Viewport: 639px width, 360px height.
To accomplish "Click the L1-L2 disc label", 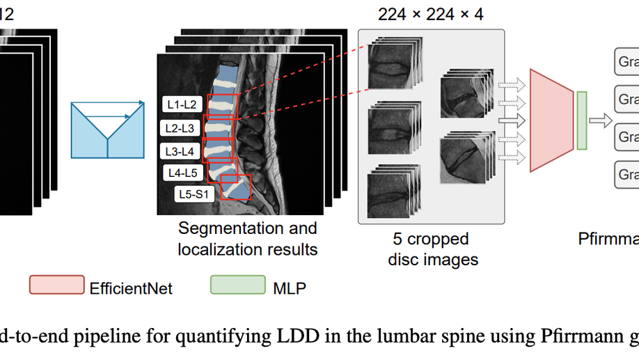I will (182, 105).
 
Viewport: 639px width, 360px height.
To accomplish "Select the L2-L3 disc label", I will (180, 128).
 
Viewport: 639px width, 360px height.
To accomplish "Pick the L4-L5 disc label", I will (182, 172).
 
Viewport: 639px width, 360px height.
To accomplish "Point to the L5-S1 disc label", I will (196, 194).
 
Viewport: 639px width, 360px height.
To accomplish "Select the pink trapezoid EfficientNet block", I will (551, 120).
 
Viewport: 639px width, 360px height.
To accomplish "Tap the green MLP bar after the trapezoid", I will (582, 120).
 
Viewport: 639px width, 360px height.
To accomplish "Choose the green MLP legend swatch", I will (237, 285).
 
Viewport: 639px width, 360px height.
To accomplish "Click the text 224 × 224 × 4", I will (430, 14).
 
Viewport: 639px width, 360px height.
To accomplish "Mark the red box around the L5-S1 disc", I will (235, 187).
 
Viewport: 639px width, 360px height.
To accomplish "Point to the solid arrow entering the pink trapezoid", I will (512, 120).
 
